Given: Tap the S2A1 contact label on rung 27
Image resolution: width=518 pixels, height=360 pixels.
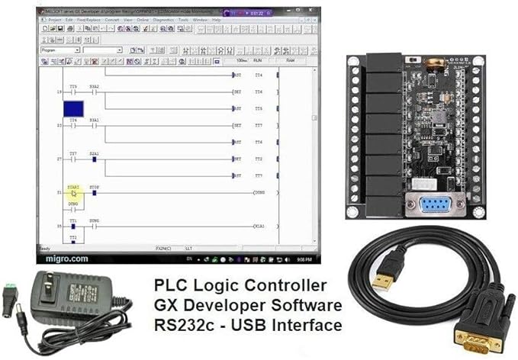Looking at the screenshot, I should (x=95, y=153).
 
